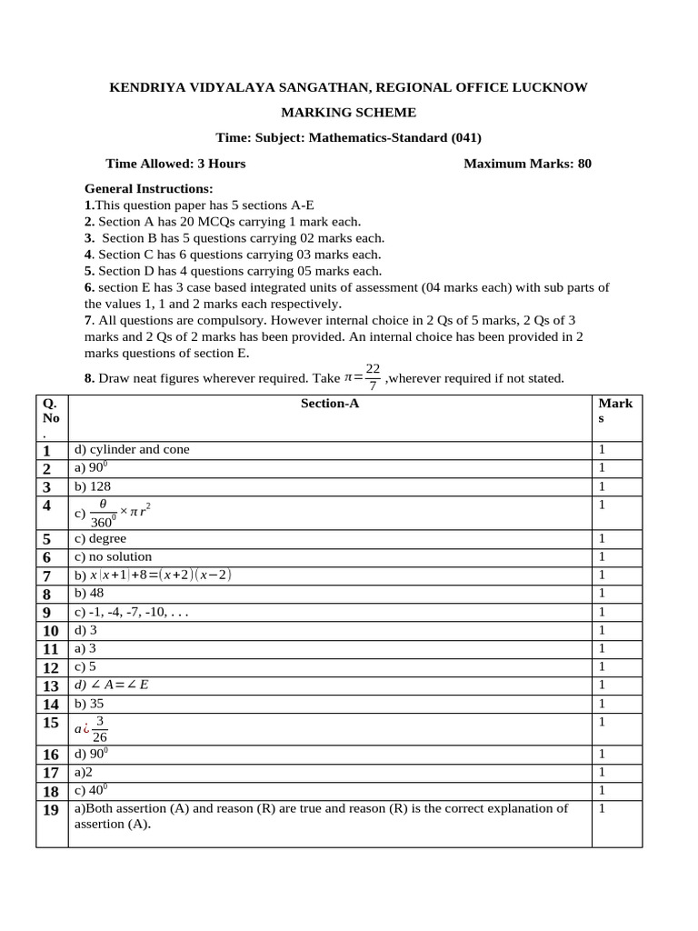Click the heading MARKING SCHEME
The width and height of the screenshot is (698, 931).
(348, 113)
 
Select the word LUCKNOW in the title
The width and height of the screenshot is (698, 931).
(547, 87)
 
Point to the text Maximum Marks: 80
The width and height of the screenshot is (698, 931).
(527, 164)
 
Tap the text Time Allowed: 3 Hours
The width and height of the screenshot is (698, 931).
(175, 164)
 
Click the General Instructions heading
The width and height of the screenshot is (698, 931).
(148, 189)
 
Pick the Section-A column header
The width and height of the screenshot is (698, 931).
(330, 403)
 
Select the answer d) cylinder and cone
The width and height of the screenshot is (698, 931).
(133, 449)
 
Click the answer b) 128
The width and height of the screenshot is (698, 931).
(95, 486)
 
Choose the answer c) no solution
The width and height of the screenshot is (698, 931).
(114, 556)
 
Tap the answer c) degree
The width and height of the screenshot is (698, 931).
(101, 538)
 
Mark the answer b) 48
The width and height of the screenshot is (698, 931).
(91, 593)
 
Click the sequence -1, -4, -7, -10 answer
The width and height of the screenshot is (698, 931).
(132, 612)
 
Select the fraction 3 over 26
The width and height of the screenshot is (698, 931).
(100, 728)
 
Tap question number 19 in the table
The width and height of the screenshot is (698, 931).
(51, 810)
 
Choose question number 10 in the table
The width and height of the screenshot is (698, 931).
(51, 630)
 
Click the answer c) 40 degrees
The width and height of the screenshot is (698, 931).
(94, 790)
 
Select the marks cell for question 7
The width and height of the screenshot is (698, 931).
(602, 575)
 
